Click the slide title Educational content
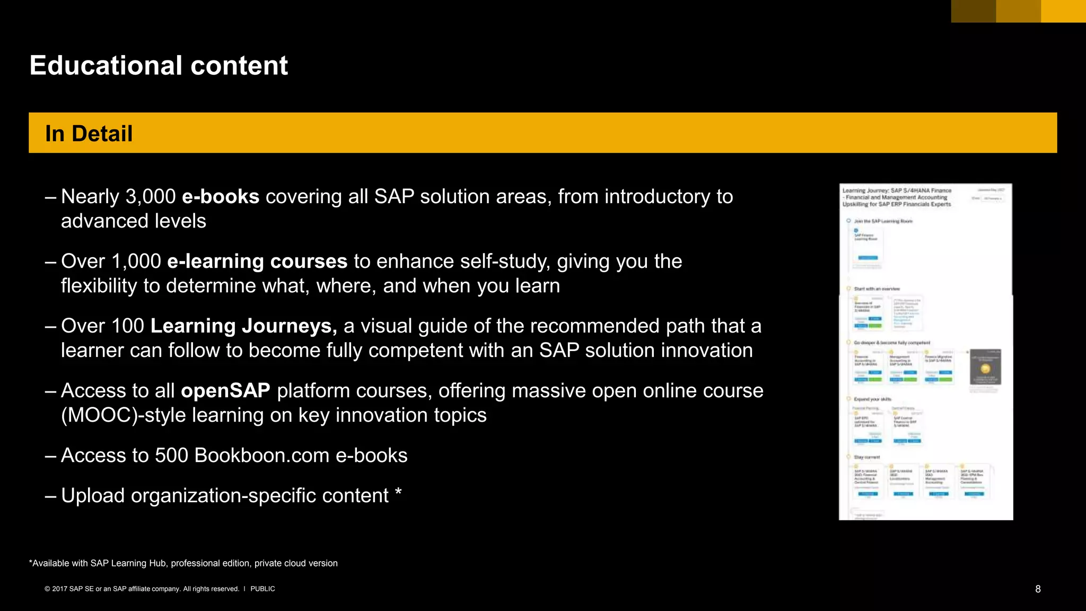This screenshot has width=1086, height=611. (x=159, y=66)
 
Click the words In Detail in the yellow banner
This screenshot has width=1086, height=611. (x=89, y=134)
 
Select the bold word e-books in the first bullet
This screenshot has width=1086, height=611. (x=221, y=197)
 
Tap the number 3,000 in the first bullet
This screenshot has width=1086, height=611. (x=150, y=197)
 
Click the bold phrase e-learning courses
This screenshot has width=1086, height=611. (x=257, y=261)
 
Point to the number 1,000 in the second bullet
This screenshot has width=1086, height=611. (x=136, y=261)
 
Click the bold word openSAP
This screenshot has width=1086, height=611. (x=225, y=391)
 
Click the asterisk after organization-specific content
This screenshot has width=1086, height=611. (x=398, y=493)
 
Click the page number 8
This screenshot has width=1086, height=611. (x=1038, y=589)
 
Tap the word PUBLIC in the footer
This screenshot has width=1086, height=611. (x=262, y=589)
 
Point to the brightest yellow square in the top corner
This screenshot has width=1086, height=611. (x=1063, y=11)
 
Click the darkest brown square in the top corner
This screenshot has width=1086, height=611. (x=973, y=11)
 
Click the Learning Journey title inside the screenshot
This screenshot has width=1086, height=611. (x=897, y=197)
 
